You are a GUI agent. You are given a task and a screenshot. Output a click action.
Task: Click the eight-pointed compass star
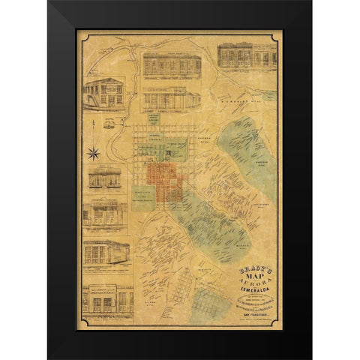pyautogui.click(x=94, y=154)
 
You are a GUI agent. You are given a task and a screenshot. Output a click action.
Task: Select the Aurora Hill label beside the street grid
pyautogui.click(x=204, y=139)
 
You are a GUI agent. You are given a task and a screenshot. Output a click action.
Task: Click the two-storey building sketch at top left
pyautogui.click(x=104, y=93)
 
